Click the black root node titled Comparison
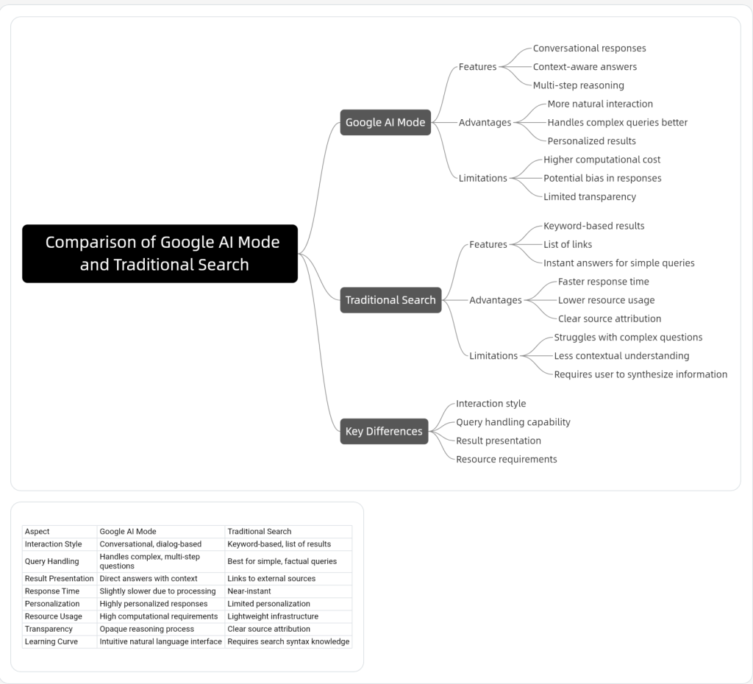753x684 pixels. (x=160, y=254)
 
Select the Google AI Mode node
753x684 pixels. (x=385, y=122)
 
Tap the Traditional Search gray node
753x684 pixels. (x=390, y=299)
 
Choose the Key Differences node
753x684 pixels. (x=384, y=431)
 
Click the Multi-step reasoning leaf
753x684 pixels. (x=578, y=85)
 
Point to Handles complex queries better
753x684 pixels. (x=617, y=122)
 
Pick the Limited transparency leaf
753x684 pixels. (x=589, y=196)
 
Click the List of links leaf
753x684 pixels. (x=567, y=244)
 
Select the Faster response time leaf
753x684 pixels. (x=603, y=281)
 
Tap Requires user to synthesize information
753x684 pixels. (x=640, y=374)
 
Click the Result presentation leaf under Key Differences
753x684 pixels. (x=498, y=441)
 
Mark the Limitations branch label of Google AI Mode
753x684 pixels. (x=482, y=178)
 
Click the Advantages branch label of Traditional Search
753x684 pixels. (x=495, y=300)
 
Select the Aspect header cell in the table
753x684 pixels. (x=38, y=531)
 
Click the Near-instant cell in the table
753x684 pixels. (x=249, y=591)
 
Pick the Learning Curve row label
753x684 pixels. (x=51, y=641)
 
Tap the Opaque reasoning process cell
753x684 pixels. (x=146, y=629)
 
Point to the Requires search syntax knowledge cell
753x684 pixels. (x=288, y=641)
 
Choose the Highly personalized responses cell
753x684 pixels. (x=153, y=603)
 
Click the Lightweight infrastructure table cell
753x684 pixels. (x=272, y=616)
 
